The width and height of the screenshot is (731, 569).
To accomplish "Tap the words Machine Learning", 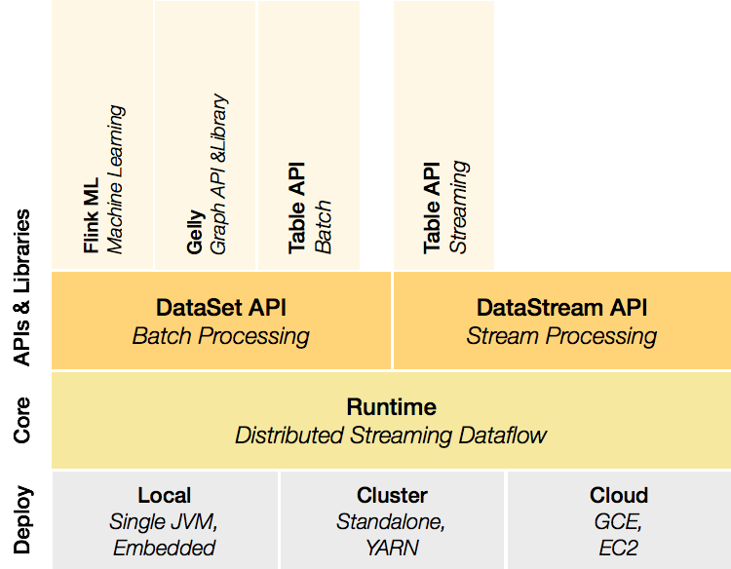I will (x=117, y=179).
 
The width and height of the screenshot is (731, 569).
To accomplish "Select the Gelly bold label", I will (x=196, y=232).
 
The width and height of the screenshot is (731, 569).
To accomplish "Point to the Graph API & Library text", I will (x=219, y=174).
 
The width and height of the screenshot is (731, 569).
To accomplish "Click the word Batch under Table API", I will (x=324, y=227).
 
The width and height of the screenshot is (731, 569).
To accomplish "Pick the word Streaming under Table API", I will (x=459, y=207).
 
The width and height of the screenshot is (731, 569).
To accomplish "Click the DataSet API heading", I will (x=221, y=308).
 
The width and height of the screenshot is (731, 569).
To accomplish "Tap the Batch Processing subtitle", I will (x=221, y=337).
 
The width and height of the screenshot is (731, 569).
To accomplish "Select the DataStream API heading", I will (x=561, y=308).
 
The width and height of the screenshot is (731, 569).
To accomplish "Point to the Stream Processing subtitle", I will (x=561, y=337).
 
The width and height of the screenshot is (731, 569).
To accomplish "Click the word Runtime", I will (x=391, y=406).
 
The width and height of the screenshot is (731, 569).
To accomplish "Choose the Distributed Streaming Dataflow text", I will (x=391, y=435).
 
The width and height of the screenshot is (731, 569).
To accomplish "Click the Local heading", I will (x=164, y=495).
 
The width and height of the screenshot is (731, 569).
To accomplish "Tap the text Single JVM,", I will (x=164, y=522).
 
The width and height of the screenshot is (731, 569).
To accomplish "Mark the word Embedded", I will (x=164, y=548).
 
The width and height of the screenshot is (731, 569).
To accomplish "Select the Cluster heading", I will (x=392, y=495).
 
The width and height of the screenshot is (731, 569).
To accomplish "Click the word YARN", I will (x=392, y=548).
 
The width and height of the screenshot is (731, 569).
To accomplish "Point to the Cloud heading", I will (x=619, y=495).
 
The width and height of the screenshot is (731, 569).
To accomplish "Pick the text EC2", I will (x=619, y=548).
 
